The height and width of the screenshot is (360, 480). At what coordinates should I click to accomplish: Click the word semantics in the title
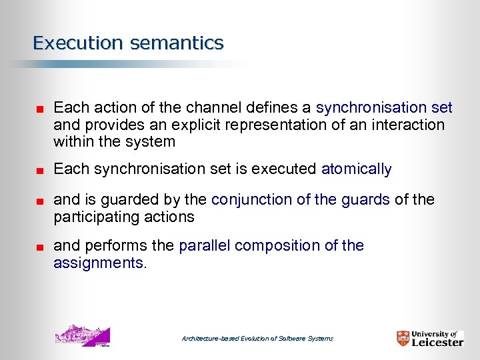[177, 43]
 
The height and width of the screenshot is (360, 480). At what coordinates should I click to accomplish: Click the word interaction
[407, 125]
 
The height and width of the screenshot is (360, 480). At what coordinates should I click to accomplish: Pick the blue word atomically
[356, 169]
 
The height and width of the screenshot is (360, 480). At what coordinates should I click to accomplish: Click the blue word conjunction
[249, 199]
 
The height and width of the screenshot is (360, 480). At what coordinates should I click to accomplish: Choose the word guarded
[157, 199]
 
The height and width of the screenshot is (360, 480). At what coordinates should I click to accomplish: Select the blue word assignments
[98, 263]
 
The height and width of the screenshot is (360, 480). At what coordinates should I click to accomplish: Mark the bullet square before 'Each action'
[39, 109]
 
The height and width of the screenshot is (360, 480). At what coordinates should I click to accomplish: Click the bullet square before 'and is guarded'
[39, 201]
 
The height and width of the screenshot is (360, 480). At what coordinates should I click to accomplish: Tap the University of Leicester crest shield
[403, 339]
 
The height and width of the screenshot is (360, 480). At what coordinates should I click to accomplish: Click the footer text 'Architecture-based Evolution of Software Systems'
[257, 339]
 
